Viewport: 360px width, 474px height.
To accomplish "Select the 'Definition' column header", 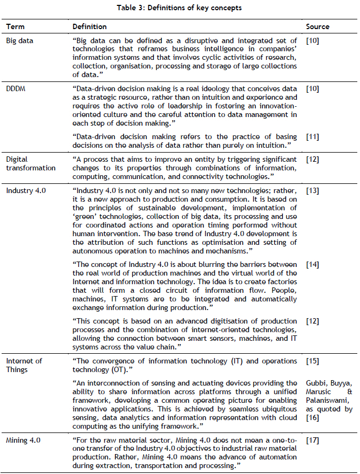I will point(90,26).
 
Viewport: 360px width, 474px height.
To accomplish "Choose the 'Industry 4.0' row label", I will point(23,190).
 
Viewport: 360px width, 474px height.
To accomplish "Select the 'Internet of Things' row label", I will point(24,365).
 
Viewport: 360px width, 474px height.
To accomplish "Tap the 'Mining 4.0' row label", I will point(22,441).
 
